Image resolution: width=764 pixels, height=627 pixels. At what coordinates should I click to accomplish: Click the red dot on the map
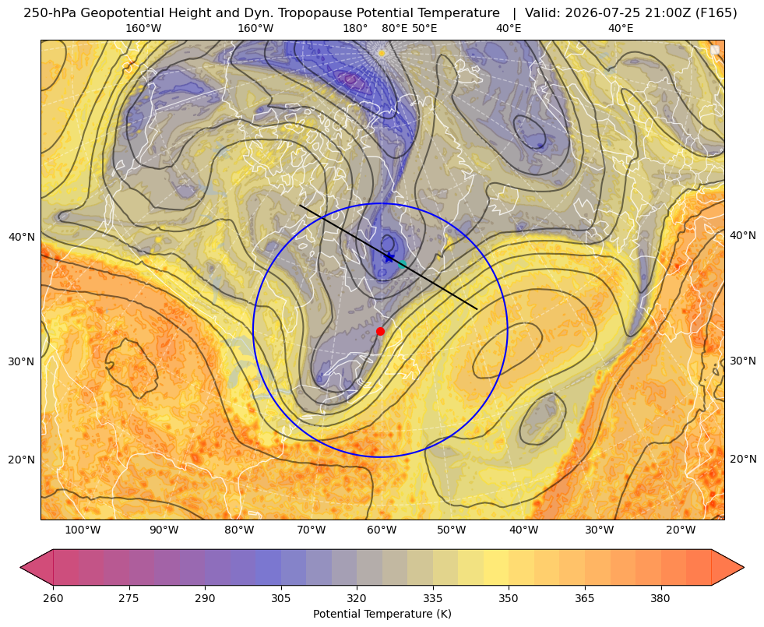[x=380, y=331]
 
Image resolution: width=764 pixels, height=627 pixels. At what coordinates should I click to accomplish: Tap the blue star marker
[x=389, y=257]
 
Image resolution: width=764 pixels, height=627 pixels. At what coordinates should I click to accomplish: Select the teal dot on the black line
[x=402, y=264]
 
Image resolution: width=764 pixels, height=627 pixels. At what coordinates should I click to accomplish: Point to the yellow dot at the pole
[x=382, y=53]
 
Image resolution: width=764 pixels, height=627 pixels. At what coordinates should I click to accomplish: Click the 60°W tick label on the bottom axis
[x=382, y=530]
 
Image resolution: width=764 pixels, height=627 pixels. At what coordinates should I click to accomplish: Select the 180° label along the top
[x=355, y=28]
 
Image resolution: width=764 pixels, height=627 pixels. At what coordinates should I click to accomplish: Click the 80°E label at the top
[x=394, y=28]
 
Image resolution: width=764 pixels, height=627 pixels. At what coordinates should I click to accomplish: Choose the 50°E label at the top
[x=424, y=28]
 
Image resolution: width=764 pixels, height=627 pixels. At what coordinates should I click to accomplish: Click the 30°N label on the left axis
[x=22, y=361]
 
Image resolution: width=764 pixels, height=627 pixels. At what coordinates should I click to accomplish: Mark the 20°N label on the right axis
[x=743, y=459]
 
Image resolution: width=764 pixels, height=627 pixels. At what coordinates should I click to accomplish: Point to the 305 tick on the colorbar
[x=280, y=598]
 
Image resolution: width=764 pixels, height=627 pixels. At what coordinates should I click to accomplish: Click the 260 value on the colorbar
[x=53, y=598]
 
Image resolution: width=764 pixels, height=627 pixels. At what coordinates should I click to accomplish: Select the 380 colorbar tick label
[x=660, y=598]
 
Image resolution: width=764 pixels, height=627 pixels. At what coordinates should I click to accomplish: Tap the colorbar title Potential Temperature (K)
[x=382, y=614]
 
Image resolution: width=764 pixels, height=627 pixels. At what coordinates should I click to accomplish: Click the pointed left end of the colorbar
[x=20, y=567]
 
